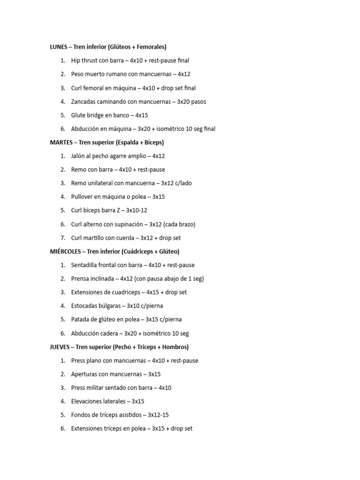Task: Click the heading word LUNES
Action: click(x=59, y=47)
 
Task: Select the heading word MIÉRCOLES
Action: click(x=65, y=252)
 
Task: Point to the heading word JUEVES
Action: click(x=60, y=347)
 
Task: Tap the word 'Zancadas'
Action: click(x=83, y=102)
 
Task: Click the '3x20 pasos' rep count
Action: click(x=191, y=102)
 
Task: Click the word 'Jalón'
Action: click(x=78, y=156)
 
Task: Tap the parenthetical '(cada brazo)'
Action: click(x=179, y=225)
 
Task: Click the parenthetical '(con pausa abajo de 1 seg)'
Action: click(x=169, y=279)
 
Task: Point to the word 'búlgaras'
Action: click(x=109, y=306)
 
